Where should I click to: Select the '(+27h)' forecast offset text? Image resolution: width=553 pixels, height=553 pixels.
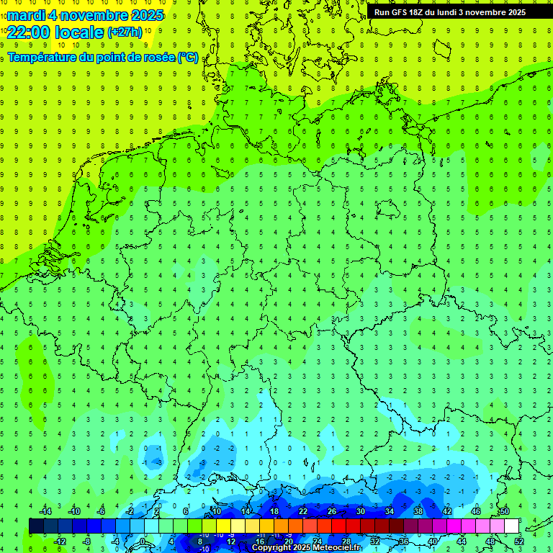(x=125, y=32)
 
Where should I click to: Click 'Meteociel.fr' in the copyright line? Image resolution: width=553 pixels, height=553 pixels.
(x=337, y=548)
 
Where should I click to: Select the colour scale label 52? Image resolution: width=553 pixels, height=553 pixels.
(x=519, y=541)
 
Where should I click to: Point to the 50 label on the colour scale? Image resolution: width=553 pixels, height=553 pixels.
(x=504, y=511)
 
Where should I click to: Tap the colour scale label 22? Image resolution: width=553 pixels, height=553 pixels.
(x=303, y=511)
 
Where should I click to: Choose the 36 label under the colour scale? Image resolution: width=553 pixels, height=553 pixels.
(x=404, y=541)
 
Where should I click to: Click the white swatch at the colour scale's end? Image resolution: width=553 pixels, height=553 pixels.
(x=512, y=526)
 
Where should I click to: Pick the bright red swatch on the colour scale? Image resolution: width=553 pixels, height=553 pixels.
(x=339, y=526)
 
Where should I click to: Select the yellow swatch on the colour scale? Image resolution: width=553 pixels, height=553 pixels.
(x=238, y=526)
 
